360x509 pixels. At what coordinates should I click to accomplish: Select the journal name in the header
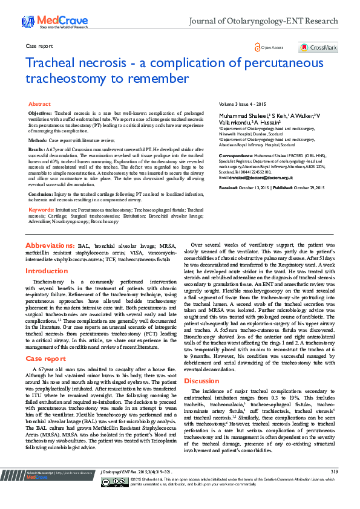click(x=264, y=21)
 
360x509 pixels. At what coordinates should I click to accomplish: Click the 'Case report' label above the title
click(x=39, y=46)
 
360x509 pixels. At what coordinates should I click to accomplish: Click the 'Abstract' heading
click(x=39, y=104)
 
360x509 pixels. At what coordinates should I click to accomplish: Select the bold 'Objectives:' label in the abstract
click(x=40, y=114)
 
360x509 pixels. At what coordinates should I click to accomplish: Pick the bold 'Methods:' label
click(x=38, y=140)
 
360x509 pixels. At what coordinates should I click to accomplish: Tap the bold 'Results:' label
click(x=37, y=149)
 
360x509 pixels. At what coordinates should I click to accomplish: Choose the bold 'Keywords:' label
click(x=41, y=209)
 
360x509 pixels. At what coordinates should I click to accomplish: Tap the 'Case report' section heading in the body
click(x=45, y=342)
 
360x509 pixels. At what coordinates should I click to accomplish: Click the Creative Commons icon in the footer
click(x=123, y=498)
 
